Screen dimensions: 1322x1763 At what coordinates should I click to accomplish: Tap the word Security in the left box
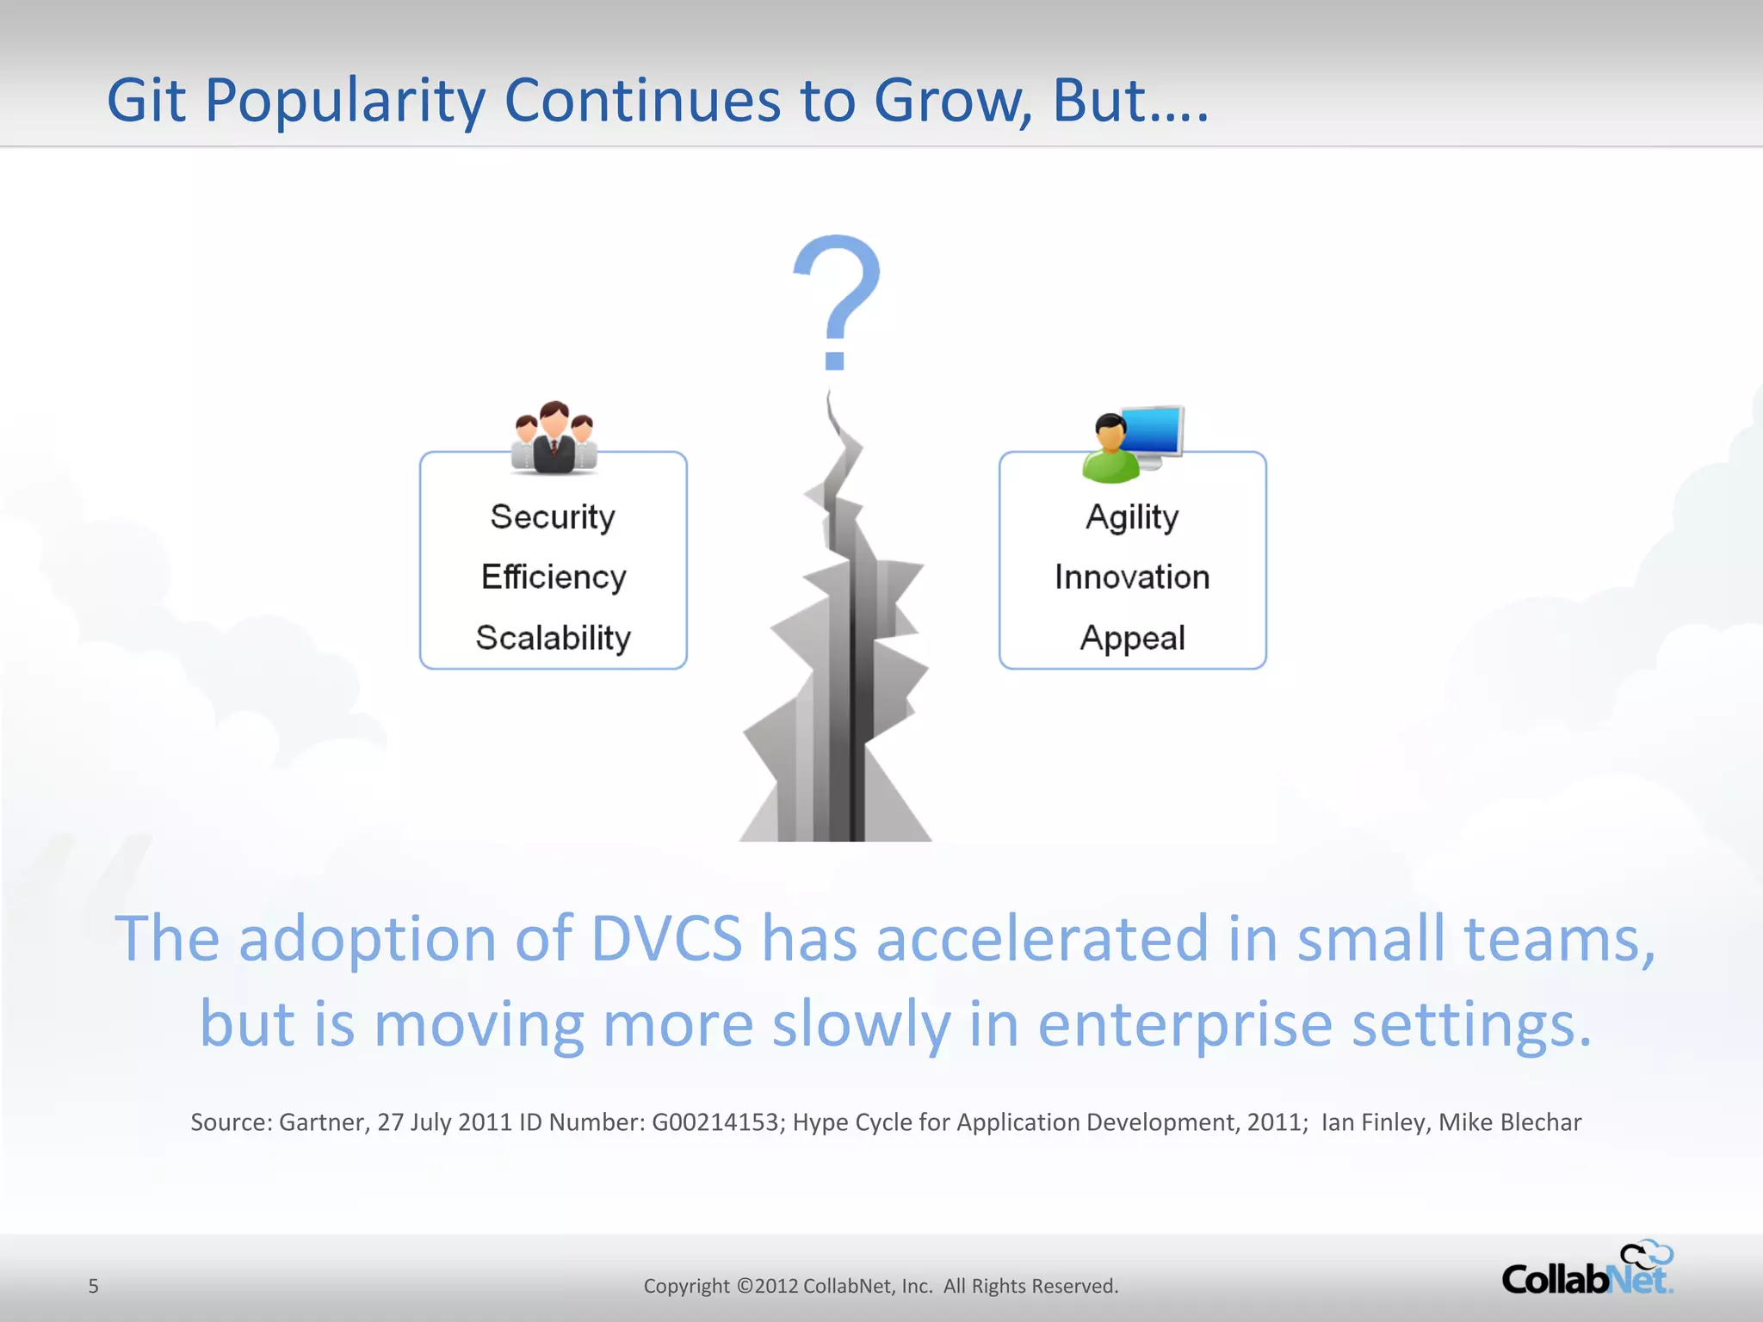coord(553,517)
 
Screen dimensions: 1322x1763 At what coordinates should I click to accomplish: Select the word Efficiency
coord(554,578)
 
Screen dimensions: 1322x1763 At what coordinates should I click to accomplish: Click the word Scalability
coord(554,638)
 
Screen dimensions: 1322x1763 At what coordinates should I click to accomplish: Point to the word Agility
coord(1132,517)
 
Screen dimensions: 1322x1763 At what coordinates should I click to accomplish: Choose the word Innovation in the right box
coord(1132,578)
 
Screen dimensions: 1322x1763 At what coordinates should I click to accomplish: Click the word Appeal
coord(1132,638)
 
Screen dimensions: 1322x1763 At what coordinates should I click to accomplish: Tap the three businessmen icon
coord(554,439)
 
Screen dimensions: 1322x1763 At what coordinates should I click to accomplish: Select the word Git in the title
coord(145,101)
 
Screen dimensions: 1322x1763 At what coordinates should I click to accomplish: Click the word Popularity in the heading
coord(344,101)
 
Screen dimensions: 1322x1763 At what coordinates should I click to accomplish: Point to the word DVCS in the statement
coord(666,938)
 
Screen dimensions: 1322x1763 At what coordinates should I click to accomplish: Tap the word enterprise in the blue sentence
coord(1185,1024)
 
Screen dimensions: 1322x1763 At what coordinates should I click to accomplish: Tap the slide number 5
coord(93,1286)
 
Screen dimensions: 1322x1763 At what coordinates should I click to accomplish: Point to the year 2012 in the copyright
coord(776,1286)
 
